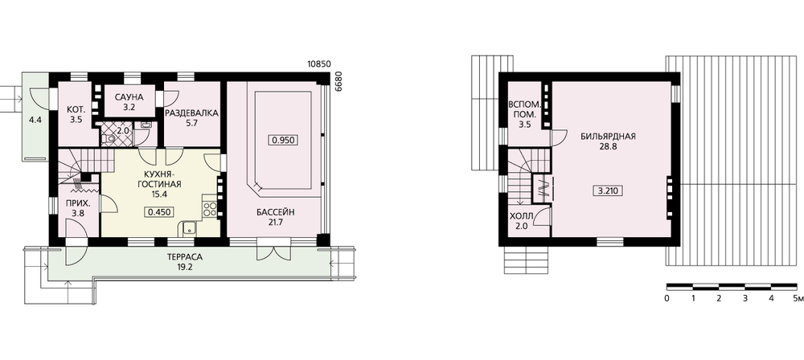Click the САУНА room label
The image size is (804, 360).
129,97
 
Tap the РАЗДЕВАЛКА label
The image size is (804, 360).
192,112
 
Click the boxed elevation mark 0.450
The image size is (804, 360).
159,211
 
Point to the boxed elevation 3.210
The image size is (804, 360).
608,191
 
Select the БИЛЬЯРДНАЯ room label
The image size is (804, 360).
609,137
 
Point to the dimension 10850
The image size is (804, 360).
319,64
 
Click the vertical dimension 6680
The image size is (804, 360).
338,81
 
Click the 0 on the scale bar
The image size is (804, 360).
667,298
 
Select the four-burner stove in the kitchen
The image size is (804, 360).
210,207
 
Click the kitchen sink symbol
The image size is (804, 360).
189,228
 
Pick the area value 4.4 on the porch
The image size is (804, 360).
35,121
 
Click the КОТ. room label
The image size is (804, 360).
76,109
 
